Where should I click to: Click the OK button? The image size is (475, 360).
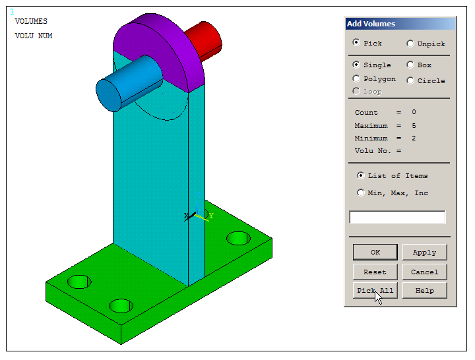(375, 252)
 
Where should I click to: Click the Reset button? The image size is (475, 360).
(375, 272)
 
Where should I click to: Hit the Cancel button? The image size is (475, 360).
(424, 272)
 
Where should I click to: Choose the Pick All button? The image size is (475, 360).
(375, 290)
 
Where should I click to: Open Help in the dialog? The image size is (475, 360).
(424, 290)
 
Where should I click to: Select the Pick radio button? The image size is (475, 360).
(357, 43)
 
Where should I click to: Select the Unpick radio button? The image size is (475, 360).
(410, 44)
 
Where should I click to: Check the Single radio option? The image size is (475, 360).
(357, 65)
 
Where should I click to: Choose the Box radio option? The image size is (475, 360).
(410, 65)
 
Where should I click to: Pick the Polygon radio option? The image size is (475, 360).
(357, 78)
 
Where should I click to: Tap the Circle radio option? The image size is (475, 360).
(410, 80)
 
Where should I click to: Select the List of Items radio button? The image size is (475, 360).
(361, 175)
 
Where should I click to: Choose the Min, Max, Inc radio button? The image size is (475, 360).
(361, 193)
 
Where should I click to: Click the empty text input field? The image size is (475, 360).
(396, 217)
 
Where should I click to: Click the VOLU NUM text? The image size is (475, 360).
(34, 36)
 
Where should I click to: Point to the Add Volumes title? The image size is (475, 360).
(371, 24)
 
